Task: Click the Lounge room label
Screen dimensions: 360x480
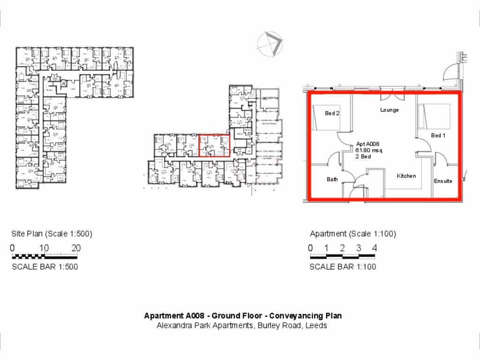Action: [390, 110]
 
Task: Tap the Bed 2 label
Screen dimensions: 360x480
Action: [332, 113]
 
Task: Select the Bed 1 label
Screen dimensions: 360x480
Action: [438, 135]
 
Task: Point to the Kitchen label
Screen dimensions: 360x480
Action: [406, 176]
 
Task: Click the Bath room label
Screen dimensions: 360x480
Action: [332, 179]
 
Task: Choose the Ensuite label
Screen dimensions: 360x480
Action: [443, 181]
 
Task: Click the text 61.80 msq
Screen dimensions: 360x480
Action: [369, 150]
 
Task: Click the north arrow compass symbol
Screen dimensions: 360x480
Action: [270, 45]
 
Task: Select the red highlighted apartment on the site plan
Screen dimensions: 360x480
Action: [214, 145]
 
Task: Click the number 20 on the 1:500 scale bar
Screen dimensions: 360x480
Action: [76, 248]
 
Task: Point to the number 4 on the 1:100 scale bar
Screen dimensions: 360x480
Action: [375, 248]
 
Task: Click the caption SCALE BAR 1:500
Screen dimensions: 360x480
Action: [45, 267]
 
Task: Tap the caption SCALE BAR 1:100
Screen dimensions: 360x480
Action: [343, 267]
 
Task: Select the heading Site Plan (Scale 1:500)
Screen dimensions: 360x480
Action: [52, 234]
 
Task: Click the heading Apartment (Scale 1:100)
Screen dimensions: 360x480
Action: [352, 234]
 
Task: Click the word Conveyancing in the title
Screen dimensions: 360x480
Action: [294, 316]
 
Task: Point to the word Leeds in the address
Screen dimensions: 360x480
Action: [316, 325]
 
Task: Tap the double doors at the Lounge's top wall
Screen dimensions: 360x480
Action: [392, 96]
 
